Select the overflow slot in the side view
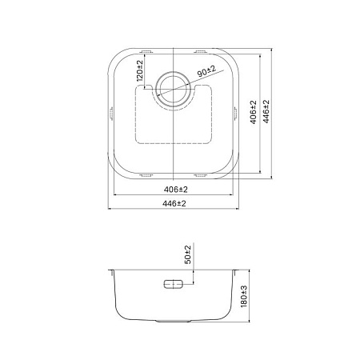pyautogui.click(x=174, y=284)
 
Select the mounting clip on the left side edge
pyautogui.click(x=110, y=113)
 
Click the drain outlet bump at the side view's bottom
pyautogui.click(x=174, y=324)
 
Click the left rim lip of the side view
pyautogui.click(x=110, y=272)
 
